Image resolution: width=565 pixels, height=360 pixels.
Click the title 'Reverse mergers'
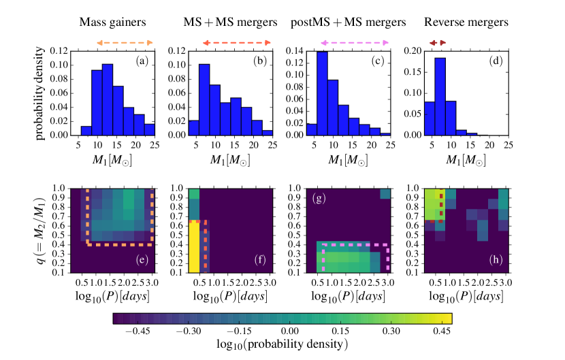pos(466,22)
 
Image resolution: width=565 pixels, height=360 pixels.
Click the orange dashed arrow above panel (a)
pos(125,43)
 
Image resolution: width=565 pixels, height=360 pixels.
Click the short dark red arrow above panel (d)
pos(438,43)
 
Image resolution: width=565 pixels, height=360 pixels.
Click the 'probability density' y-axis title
pos(40,93)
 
